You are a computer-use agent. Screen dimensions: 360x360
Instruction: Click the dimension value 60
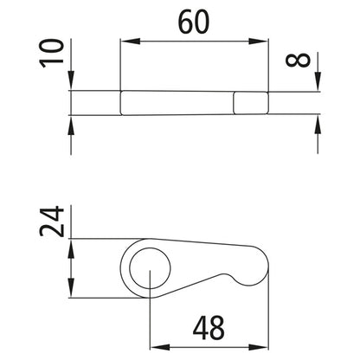click(194, 23)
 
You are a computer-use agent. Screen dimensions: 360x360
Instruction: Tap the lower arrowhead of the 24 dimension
click(70, 291)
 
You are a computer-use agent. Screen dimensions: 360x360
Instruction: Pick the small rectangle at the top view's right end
click(252, 103)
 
